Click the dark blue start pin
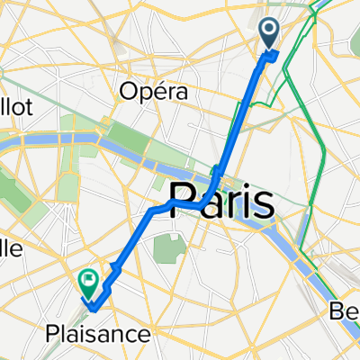click(270, 34)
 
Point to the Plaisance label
click(97, 335)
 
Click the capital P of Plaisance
click(52, 335)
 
